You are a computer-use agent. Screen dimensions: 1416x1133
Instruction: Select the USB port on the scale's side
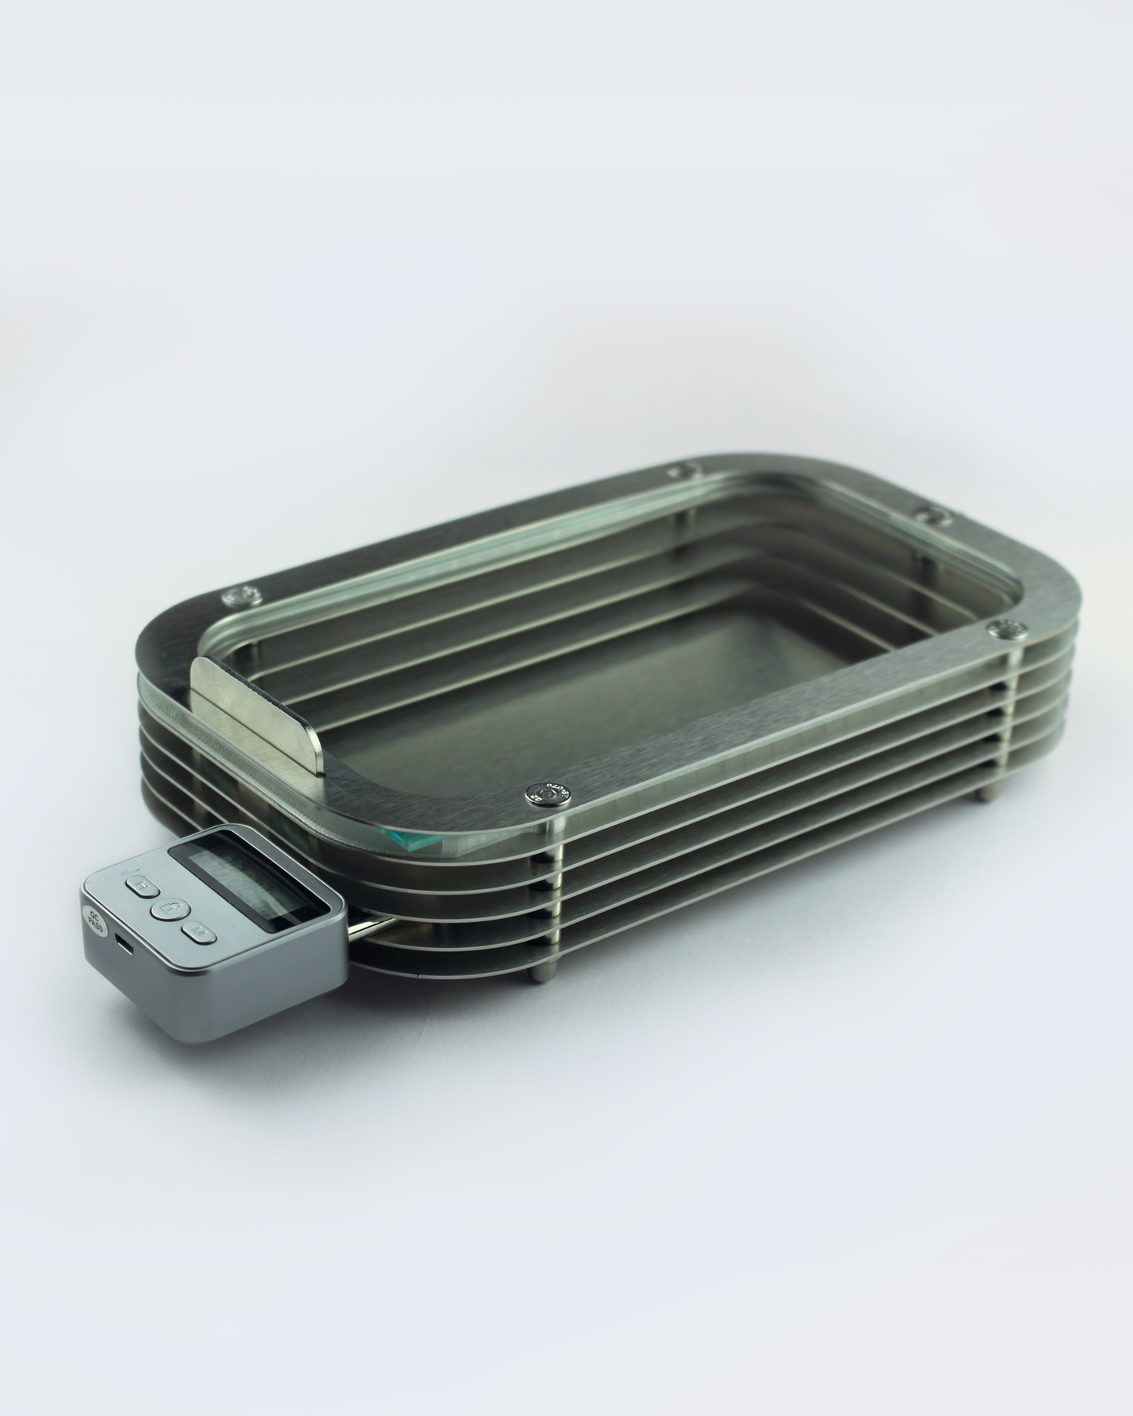pos(124,943)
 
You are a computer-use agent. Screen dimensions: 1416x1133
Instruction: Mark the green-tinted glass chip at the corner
pos(415,841)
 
